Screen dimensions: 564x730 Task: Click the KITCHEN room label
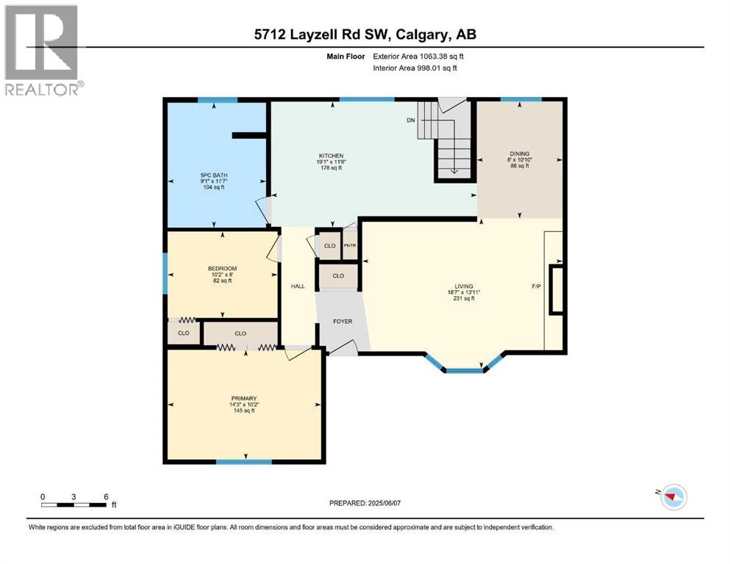coord(331,156)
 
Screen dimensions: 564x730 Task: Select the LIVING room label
coord(463,286)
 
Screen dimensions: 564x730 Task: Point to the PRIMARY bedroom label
coord(243,399)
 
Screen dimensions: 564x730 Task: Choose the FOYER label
coord(342,322)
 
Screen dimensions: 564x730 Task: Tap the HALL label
coord(297,286)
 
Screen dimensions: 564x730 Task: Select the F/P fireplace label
coord(536,286)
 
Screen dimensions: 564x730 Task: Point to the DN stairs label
coord(411,120)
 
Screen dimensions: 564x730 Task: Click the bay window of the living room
coord(465,369)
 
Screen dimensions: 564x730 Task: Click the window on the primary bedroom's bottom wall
coord(243,461)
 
